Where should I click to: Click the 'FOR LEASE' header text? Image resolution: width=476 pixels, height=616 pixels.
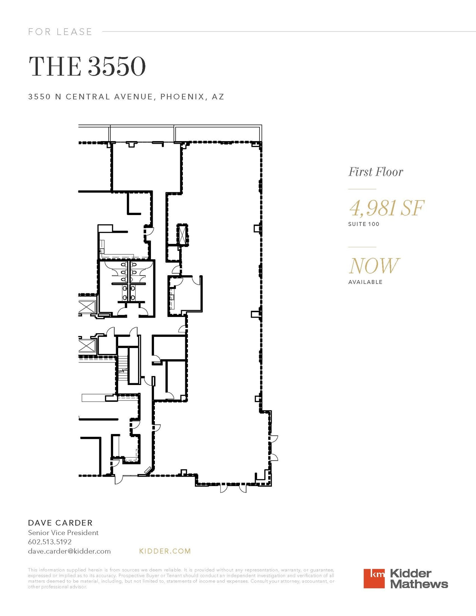coord(60,32)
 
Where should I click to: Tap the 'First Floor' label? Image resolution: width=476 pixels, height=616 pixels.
coord(375,172)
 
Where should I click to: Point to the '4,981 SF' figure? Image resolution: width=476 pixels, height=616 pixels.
coord(386,208)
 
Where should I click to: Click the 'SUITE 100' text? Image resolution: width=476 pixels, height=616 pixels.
coord(364,224)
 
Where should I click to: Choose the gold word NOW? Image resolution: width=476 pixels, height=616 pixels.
coord(374,266)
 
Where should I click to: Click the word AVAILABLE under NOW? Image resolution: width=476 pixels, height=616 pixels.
coord(365,282)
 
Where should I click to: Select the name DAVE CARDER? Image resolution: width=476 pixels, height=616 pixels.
coord(60,523)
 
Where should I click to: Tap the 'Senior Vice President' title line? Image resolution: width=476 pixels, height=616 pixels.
coord(63,533)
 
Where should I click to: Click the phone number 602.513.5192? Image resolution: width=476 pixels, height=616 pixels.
coord(50,542)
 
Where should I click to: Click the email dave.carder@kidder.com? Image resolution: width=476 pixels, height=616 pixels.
coord(69,551)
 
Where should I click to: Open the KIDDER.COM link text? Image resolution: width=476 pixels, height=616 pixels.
coord(165,551)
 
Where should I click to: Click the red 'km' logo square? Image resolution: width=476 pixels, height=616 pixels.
coord(374,578)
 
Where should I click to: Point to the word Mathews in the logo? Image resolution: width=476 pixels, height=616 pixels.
coord(419,584)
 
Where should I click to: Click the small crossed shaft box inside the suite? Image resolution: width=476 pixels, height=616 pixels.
coord(182,235)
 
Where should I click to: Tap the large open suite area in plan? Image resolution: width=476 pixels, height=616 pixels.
coord(223,301)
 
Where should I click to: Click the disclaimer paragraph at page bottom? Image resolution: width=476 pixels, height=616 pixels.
coord(180,578)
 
